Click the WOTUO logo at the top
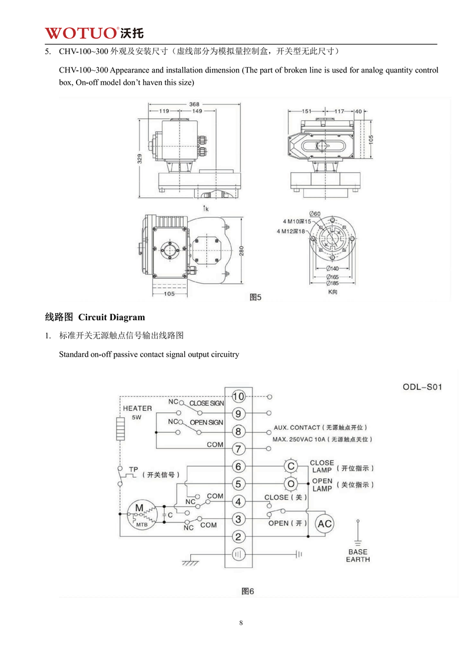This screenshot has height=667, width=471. tap(94, 32)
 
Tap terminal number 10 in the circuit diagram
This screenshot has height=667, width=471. tap(238, 396)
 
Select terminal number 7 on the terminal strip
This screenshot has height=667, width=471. tap(238, 449)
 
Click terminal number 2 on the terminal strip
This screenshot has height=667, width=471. tap(238, 537)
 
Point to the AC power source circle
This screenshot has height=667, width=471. tap(325, 524)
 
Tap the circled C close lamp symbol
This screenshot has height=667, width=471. tap(290, 466)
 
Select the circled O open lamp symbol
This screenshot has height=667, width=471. tap(290, 484)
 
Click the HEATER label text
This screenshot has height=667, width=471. tap(137, 408)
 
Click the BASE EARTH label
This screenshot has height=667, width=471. tap(358, 556)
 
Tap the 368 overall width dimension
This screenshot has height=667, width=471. tap(194, 104)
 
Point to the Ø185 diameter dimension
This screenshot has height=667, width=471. tap(332, 282)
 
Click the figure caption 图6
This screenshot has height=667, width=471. tap(248, 590)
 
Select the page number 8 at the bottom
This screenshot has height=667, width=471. tap(241, 623)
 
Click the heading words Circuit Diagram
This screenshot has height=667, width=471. tap(111, 317)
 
